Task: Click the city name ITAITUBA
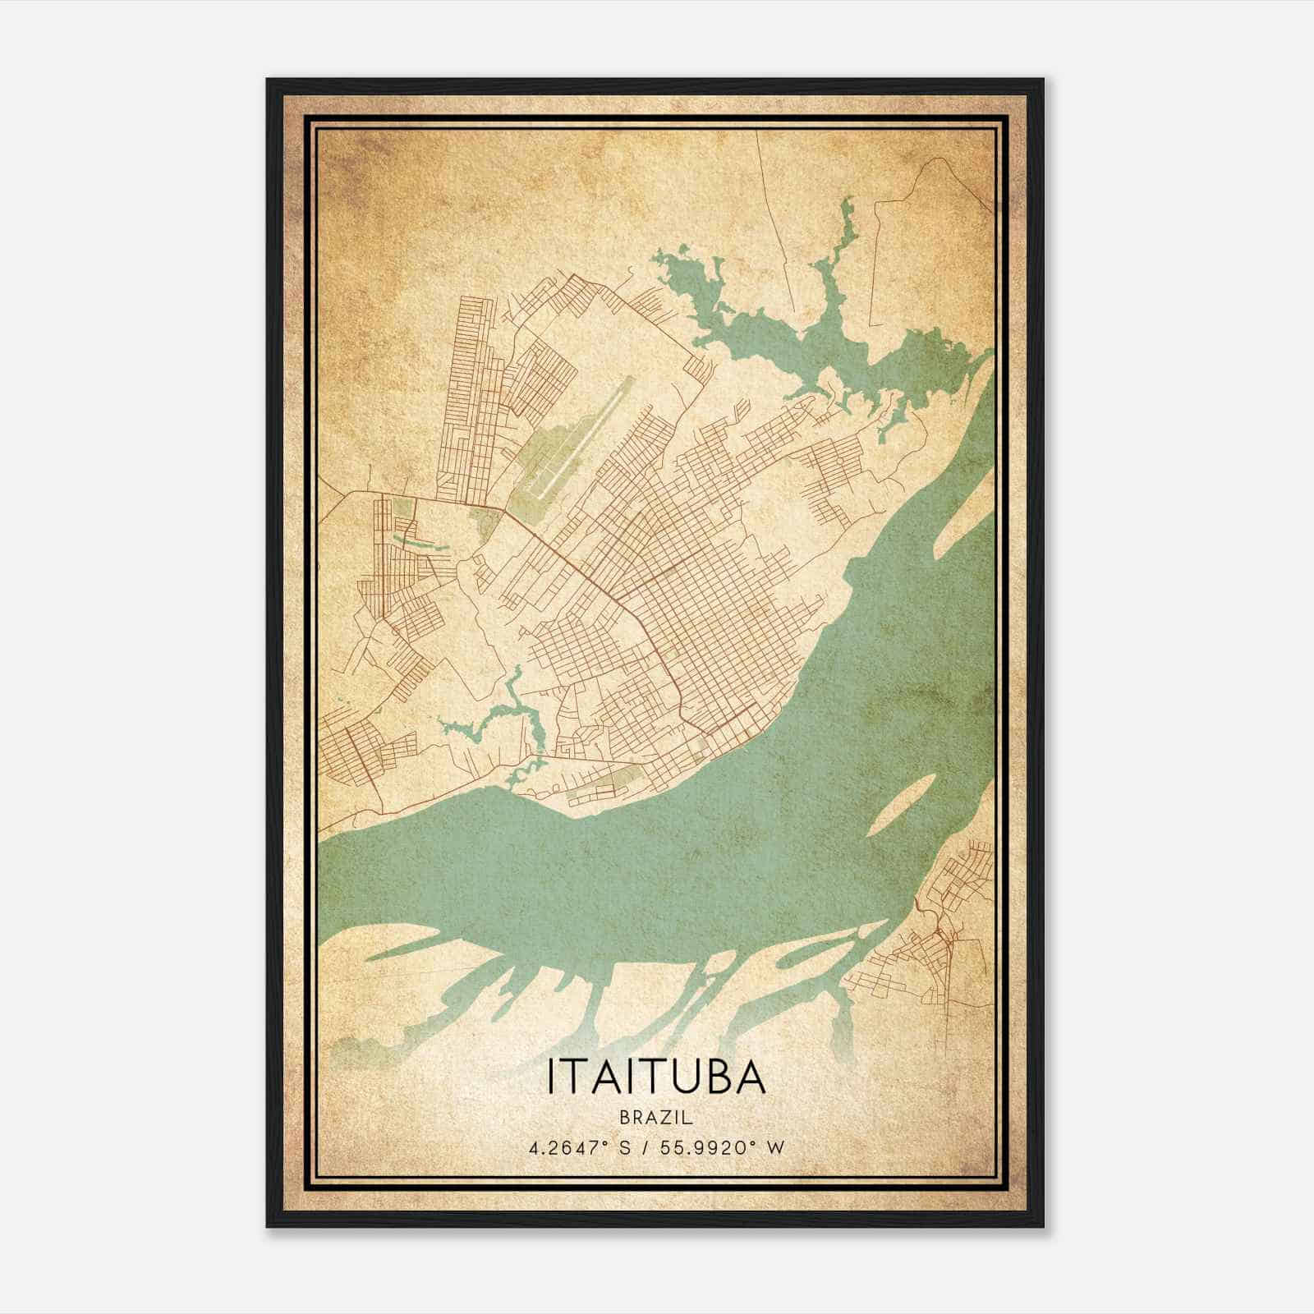pos(656,1078)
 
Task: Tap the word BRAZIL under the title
pos(656,1118)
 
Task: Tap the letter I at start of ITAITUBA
pos(551,1078)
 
